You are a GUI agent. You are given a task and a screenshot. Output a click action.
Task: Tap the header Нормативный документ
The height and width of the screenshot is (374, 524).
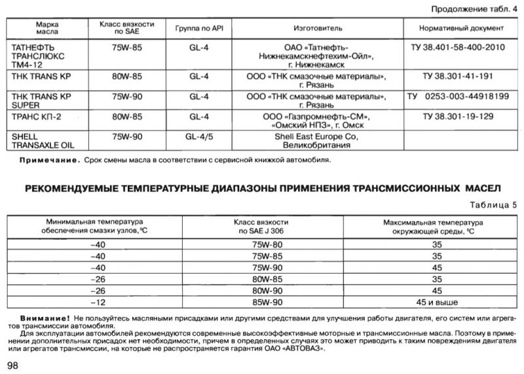coord(462,30)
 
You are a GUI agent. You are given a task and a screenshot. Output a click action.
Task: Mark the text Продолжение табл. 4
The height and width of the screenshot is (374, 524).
coord(475,9)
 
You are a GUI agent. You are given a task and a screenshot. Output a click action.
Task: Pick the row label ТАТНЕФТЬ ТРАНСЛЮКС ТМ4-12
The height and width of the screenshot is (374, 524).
coord(40,57)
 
